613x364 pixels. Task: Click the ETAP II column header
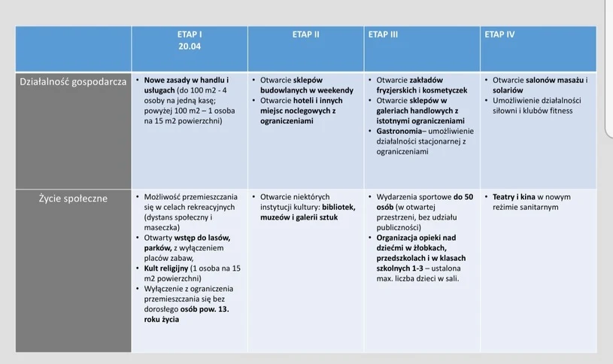coord(306,35)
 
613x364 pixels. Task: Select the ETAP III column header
coord(383,35)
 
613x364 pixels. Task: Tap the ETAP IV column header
coord(500,35)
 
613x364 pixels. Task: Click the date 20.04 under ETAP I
coord(190,47)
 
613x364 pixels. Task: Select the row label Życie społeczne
coord(73,199)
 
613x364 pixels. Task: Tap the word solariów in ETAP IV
coord(509,90)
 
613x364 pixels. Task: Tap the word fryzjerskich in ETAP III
coord(400,90)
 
